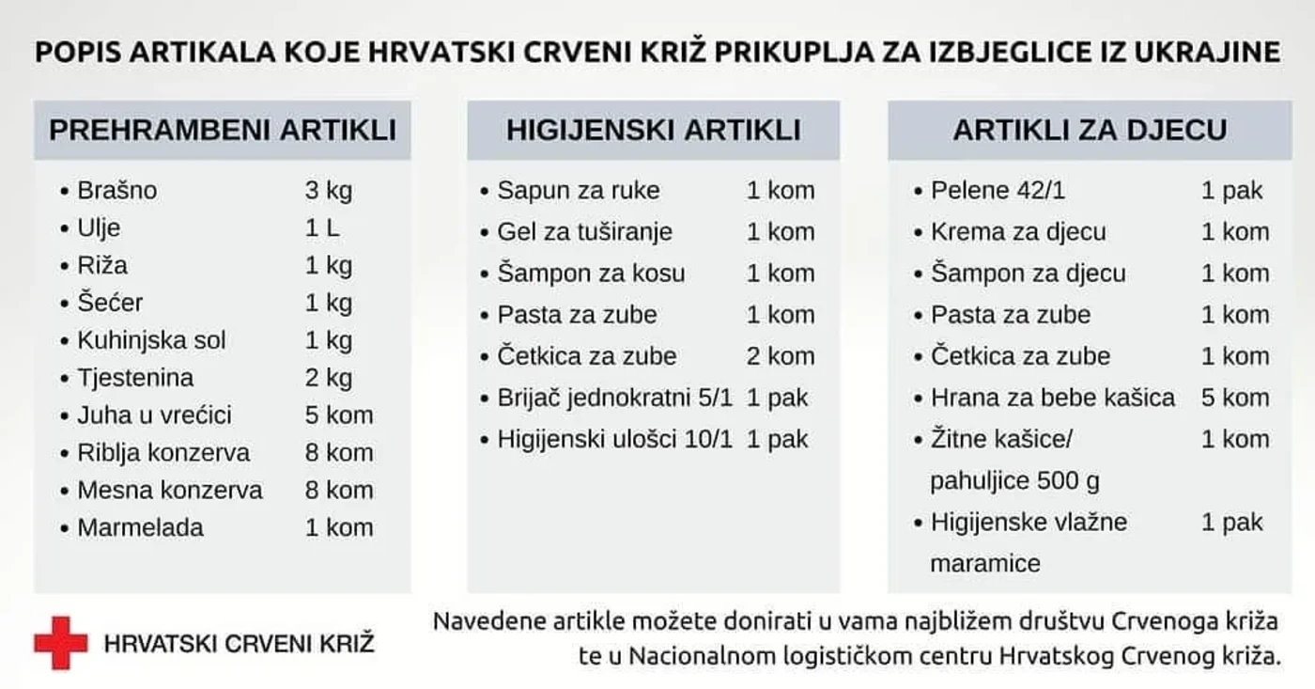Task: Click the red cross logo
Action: coord(60,643)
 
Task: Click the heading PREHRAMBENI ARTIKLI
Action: coord(223,130)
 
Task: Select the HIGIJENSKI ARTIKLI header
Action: coord(654,130)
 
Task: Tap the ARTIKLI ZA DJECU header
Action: coord(1090,130)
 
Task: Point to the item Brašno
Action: coord(117,191)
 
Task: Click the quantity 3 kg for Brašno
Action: coord(328,191)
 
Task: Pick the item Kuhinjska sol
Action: coord(151,340)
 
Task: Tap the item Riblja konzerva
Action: coord(163,453)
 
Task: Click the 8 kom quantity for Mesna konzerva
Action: coord(338,490)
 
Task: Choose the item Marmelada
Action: coord(140,527)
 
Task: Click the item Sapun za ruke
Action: coord(579,191)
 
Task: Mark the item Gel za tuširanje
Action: coord(584,232)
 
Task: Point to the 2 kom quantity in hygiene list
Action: coord(781,356)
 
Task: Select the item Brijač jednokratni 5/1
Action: coord(614,398)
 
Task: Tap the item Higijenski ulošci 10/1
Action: coord(614,439)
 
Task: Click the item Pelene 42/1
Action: coord(998,191)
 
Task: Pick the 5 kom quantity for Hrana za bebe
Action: coord(1234,398)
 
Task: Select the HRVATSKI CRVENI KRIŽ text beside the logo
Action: coord(239,644)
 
